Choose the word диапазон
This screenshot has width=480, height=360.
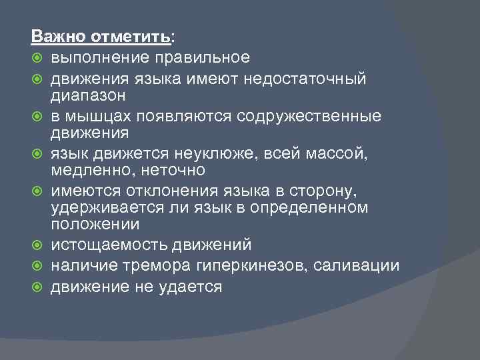click(87, 95)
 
